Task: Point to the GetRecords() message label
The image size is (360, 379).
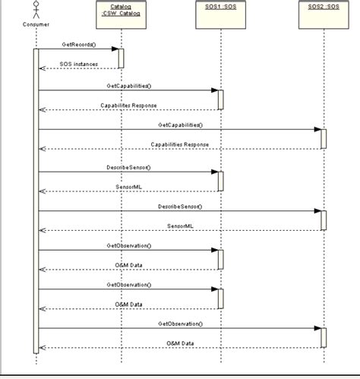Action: [x=79, y=44]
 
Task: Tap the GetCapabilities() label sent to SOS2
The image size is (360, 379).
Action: [x=180, y=124]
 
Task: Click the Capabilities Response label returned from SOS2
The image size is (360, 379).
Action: [x=180, y=144]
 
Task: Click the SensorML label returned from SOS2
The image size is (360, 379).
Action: [x=180, y=225]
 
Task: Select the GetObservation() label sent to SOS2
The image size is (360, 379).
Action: [x=180, y=323]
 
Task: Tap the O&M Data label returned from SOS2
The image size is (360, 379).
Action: [x=180, y=343]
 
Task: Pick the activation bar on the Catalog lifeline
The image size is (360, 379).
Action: [x=120, y=58]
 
